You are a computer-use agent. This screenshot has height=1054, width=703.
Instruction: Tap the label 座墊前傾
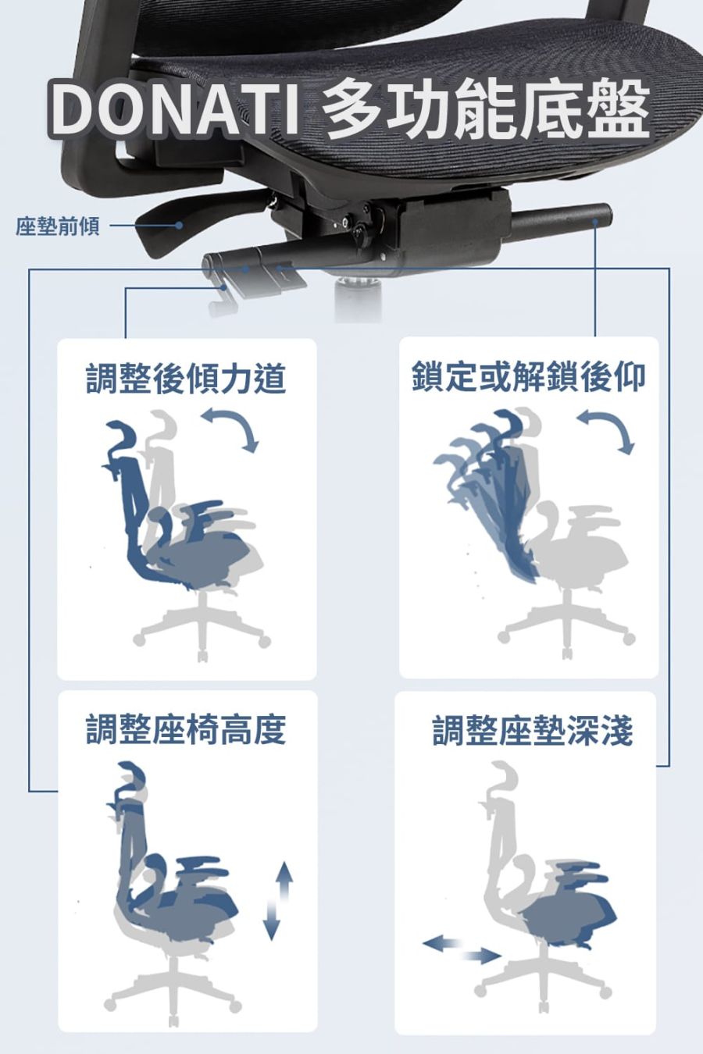[58, 226]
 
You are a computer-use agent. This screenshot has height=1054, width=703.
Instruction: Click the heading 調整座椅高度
[186, 731]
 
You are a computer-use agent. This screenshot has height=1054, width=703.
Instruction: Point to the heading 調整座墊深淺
[532, 731]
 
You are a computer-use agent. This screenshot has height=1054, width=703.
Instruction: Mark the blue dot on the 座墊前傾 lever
[179, 226]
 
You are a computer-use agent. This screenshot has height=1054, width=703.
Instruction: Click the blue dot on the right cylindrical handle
[596, 220]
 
